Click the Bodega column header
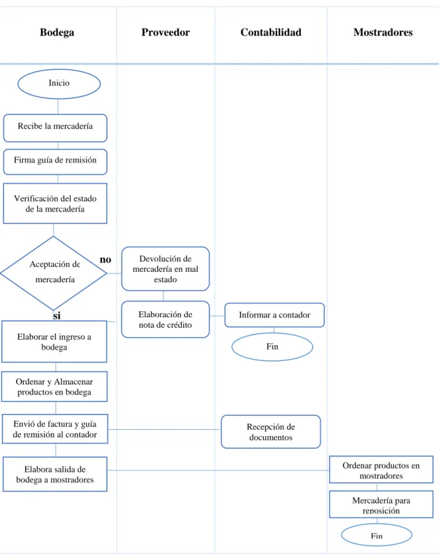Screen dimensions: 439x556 [x=57, y=32]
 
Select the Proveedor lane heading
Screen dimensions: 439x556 [x=165, y=32]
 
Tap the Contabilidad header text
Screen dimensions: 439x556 [x=271, y=32]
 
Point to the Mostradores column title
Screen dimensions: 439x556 [x=383, y=32]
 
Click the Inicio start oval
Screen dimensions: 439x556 [x=60, y=84]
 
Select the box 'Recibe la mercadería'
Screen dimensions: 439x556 [x=56, y=128]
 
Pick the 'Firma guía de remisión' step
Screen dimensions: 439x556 [x=56, y=162]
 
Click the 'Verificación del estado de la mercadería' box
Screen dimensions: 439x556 [x=56, y=204]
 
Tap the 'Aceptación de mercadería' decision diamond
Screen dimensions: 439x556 [x=54, y=273]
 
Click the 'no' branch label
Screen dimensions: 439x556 [x=105, y=260]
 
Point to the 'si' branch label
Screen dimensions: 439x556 [x=57, y=315]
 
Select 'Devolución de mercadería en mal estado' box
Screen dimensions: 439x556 [x=165, y=269]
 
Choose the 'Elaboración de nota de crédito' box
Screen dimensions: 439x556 [x=165, y=319]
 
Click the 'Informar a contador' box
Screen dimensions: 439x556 [x=274, y=315]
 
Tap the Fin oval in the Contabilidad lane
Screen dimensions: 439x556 [x=272, y=347]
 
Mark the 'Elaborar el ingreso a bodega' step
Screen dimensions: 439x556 [x=54, y=342]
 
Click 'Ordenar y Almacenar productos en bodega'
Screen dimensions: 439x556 [x=54, y=387]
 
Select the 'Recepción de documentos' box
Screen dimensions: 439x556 [x=271, y=432]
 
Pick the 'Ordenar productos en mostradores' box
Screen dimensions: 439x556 [x=381, y=470]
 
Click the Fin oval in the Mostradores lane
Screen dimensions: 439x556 [x=377, y=535]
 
